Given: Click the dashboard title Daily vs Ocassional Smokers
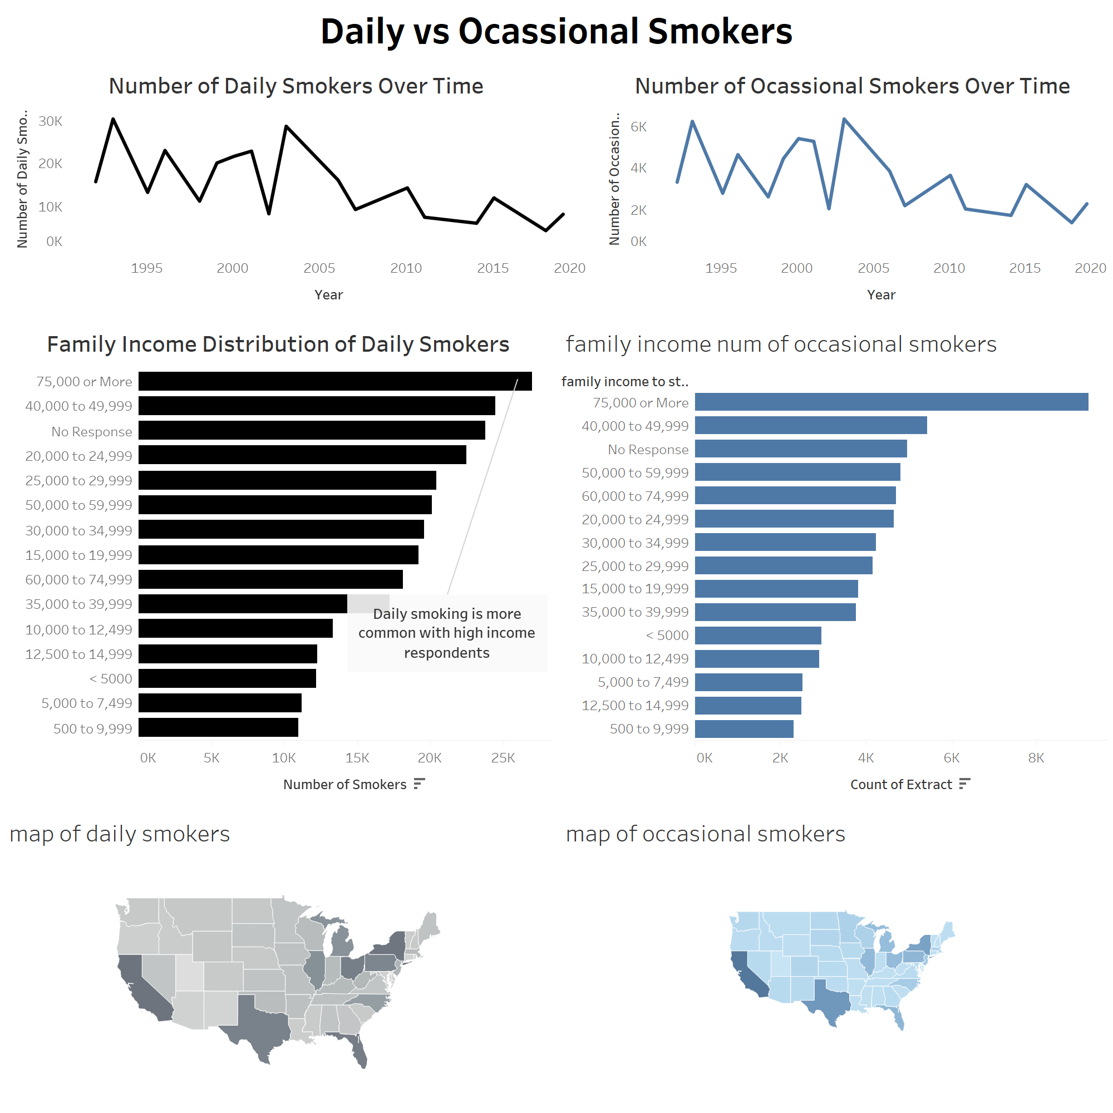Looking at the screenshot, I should tap(556, 31).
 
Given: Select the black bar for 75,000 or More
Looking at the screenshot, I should tap(334, 381).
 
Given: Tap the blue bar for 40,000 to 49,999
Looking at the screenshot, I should tap(811, 426).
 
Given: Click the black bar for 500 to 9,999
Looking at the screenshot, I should tap(218, 727).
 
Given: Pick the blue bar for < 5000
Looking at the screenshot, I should tap(757, 636).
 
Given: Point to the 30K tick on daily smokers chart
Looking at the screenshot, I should tap(51, 121).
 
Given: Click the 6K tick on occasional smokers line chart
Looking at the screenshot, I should tap(638, 127).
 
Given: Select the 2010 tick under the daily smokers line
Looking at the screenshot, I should tap(406, 268).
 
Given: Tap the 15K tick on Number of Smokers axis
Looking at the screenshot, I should tap(357, 758).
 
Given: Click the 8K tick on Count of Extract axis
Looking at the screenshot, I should tap(1036, 758).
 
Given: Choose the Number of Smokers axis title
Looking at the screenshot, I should tap(344, 785).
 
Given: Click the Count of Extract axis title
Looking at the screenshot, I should tap(901, 785).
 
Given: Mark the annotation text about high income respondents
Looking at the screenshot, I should tap(446, 633).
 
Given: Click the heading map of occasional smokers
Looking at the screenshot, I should tap(705, 834).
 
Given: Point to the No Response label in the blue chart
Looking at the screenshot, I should tap(648, 449).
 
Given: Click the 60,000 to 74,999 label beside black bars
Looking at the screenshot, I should tap(79, 579).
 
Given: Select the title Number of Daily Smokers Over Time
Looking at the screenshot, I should tap(296, 86).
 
